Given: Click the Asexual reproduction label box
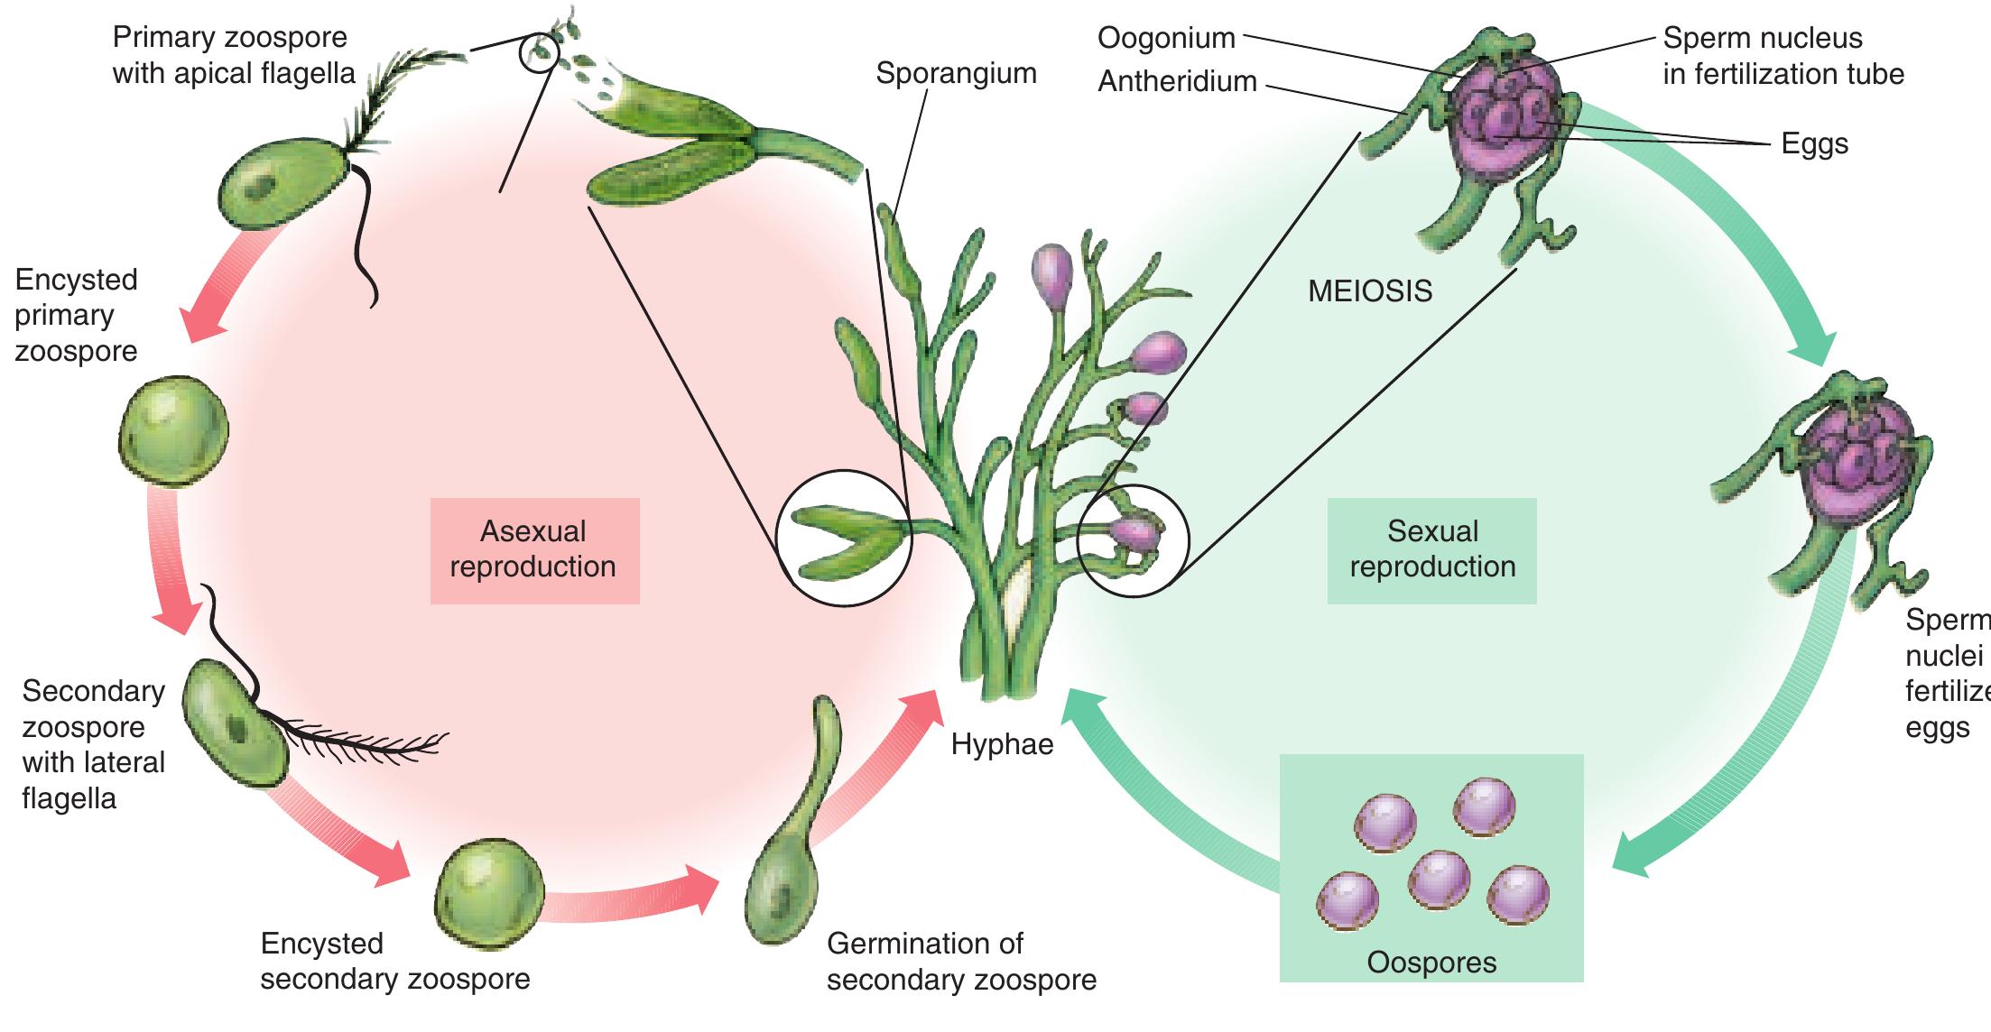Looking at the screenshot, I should pyautogui.click(x=534, y=549).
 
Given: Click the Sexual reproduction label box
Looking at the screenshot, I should pyautogui.click(x=1432, y=549).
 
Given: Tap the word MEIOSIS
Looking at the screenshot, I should pyautogui.click(x=1370, y=291).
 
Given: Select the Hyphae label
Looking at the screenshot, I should pyautogui.click(x=1002, y=744).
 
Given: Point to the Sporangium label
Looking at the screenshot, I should pyautogui.click(x=956, y=73).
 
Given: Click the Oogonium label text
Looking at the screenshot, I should pyautogui.click(x=1166, y=38).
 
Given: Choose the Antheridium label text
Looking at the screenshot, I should pyautogui.click(x=1177, y=81).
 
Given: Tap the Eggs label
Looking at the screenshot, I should pyautogui.click(x=1814, y=143).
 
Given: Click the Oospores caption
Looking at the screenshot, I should pyautogui.click(x=1431, y=963).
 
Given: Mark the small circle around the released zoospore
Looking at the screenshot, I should pyautogui.click(x=540, y=52).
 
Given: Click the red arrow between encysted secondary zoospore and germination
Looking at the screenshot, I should pyautogui.click(x=632, y=902).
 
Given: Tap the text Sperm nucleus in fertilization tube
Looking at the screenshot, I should pyautogui.click(x=1783, y=56).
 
